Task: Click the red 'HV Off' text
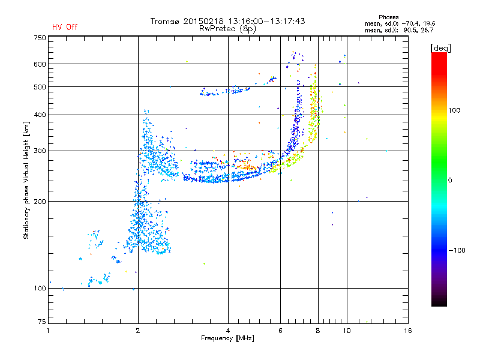click(65, 27)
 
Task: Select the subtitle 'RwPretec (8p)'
click(227, 29)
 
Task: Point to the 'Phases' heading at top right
click(388, 17)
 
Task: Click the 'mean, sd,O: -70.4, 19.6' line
click(400, 23)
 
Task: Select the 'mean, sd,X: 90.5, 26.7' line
click(399, 30)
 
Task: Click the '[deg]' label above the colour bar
click(440, 49)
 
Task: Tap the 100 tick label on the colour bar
click(454, 110)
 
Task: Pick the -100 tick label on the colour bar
click(457, 250)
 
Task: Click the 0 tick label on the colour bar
click(450, 181)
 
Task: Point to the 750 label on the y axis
click(40, 38)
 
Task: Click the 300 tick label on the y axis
click(40, 151)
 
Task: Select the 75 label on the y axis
click(42, 322)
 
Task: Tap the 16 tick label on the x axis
click(408, 331)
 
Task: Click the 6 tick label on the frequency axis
click(280, 331)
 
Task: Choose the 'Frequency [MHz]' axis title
click(227, 338)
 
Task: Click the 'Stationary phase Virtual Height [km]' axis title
click(26, 180)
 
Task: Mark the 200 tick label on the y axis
click(40, 202)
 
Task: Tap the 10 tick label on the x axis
click(347, 331)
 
